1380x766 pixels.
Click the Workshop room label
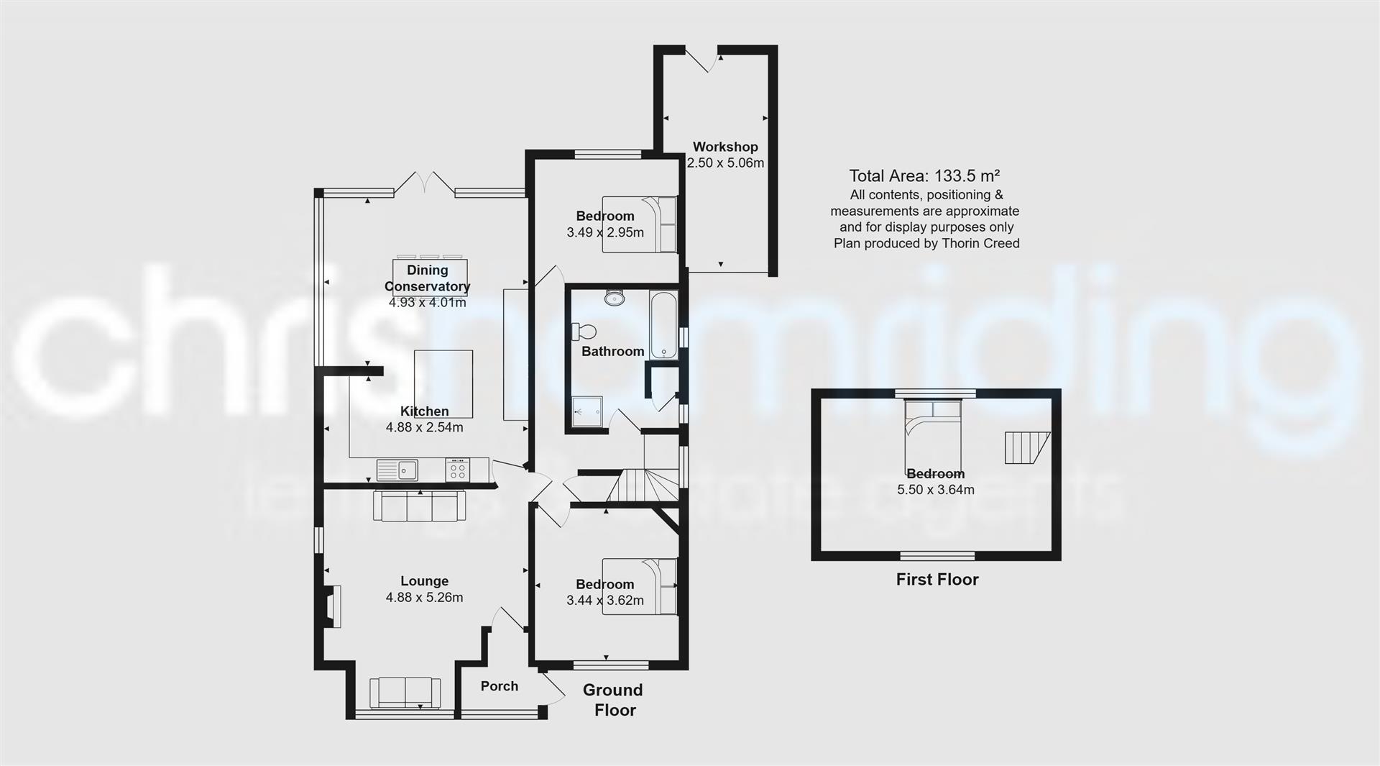[725, 147]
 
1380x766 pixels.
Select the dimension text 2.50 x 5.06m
[725, 163]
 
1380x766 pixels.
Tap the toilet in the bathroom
[584, 332]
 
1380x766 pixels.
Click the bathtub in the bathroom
[663, 325]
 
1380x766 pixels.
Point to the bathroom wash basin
[614, 298]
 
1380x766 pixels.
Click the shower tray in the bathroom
[589, 412]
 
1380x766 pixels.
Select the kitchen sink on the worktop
[397, 470]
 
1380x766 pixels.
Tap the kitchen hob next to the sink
[458, 470]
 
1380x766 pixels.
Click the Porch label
[499, 686]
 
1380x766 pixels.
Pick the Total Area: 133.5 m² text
[924, 176]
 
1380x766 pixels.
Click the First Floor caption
[937, 580]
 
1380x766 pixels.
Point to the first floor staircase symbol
[1025, 447]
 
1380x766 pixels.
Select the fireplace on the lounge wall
[333, 607]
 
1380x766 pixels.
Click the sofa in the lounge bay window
[405, 693]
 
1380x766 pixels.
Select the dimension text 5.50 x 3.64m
[935, 491]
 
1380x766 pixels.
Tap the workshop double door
[702, 58]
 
